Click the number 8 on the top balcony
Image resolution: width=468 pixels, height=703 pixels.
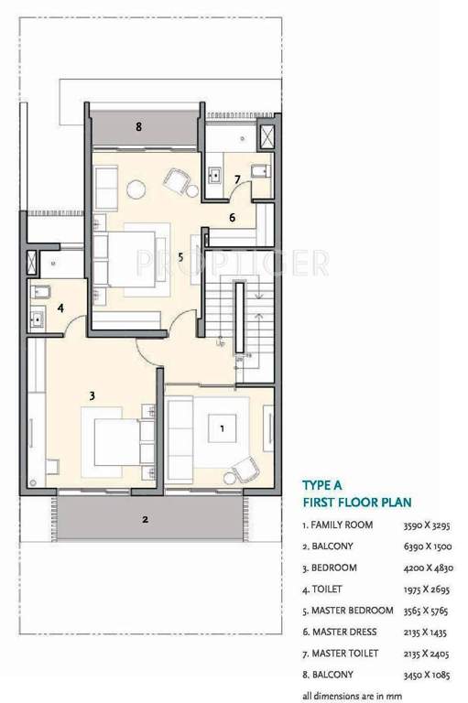click(138, 127)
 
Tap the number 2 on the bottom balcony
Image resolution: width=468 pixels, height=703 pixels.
click(145, 520)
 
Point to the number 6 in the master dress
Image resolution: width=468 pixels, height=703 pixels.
click(233, 218)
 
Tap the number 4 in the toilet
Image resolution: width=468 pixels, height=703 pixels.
click(60, 308)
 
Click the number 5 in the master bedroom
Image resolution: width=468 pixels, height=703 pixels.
click(180, 257)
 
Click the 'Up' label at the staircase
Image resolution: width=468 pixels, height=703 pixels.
click(220, 345)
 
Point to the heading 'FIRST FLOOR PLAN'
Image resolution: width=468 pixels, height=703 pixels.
click(356, 503)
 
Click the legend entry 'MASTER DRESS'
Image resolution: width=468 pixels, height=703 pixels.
click(345, 632)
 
